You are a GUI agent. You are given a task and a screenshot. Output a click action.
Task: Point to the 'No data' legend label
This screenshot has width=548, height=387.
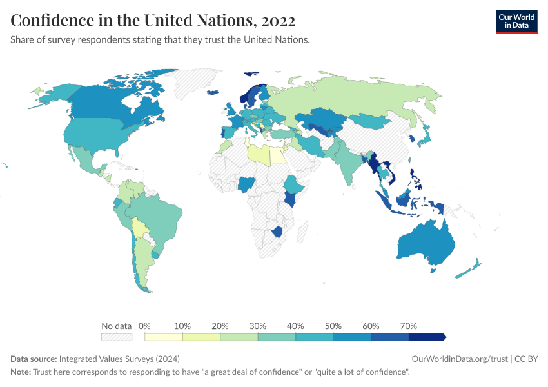coord(116,326)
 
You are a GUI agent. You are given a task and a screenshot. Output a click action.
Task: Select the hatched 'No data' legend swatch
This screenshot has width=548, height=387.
coord(116,337)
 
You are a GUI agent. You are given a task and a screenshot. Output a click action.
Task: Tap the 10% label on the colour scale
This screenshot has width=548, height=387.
coord(182,326)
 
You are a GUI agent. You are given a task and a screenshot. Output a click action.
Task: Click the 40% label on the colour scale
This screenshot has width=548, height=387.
coord(295,326)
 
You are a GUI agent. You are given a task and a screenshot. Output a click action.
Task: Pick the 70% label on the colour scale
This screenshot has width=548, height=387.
coord(409,326)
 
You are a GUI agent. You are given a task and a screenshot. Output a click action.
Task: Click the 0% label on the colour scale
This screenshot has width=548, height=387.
coord(145,326)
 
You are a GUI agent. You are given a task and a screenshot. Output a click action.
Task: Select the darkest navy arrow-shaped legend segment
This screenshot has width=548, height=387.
coord(427,337)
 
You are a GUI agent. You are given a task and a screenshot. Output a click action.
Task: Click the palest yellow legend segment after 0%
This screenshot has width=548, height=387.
coord(164,337)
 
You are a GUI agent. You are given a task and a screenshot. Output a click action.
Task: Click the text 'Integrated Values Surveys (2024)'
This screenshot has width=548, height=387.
coord(119,359)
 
